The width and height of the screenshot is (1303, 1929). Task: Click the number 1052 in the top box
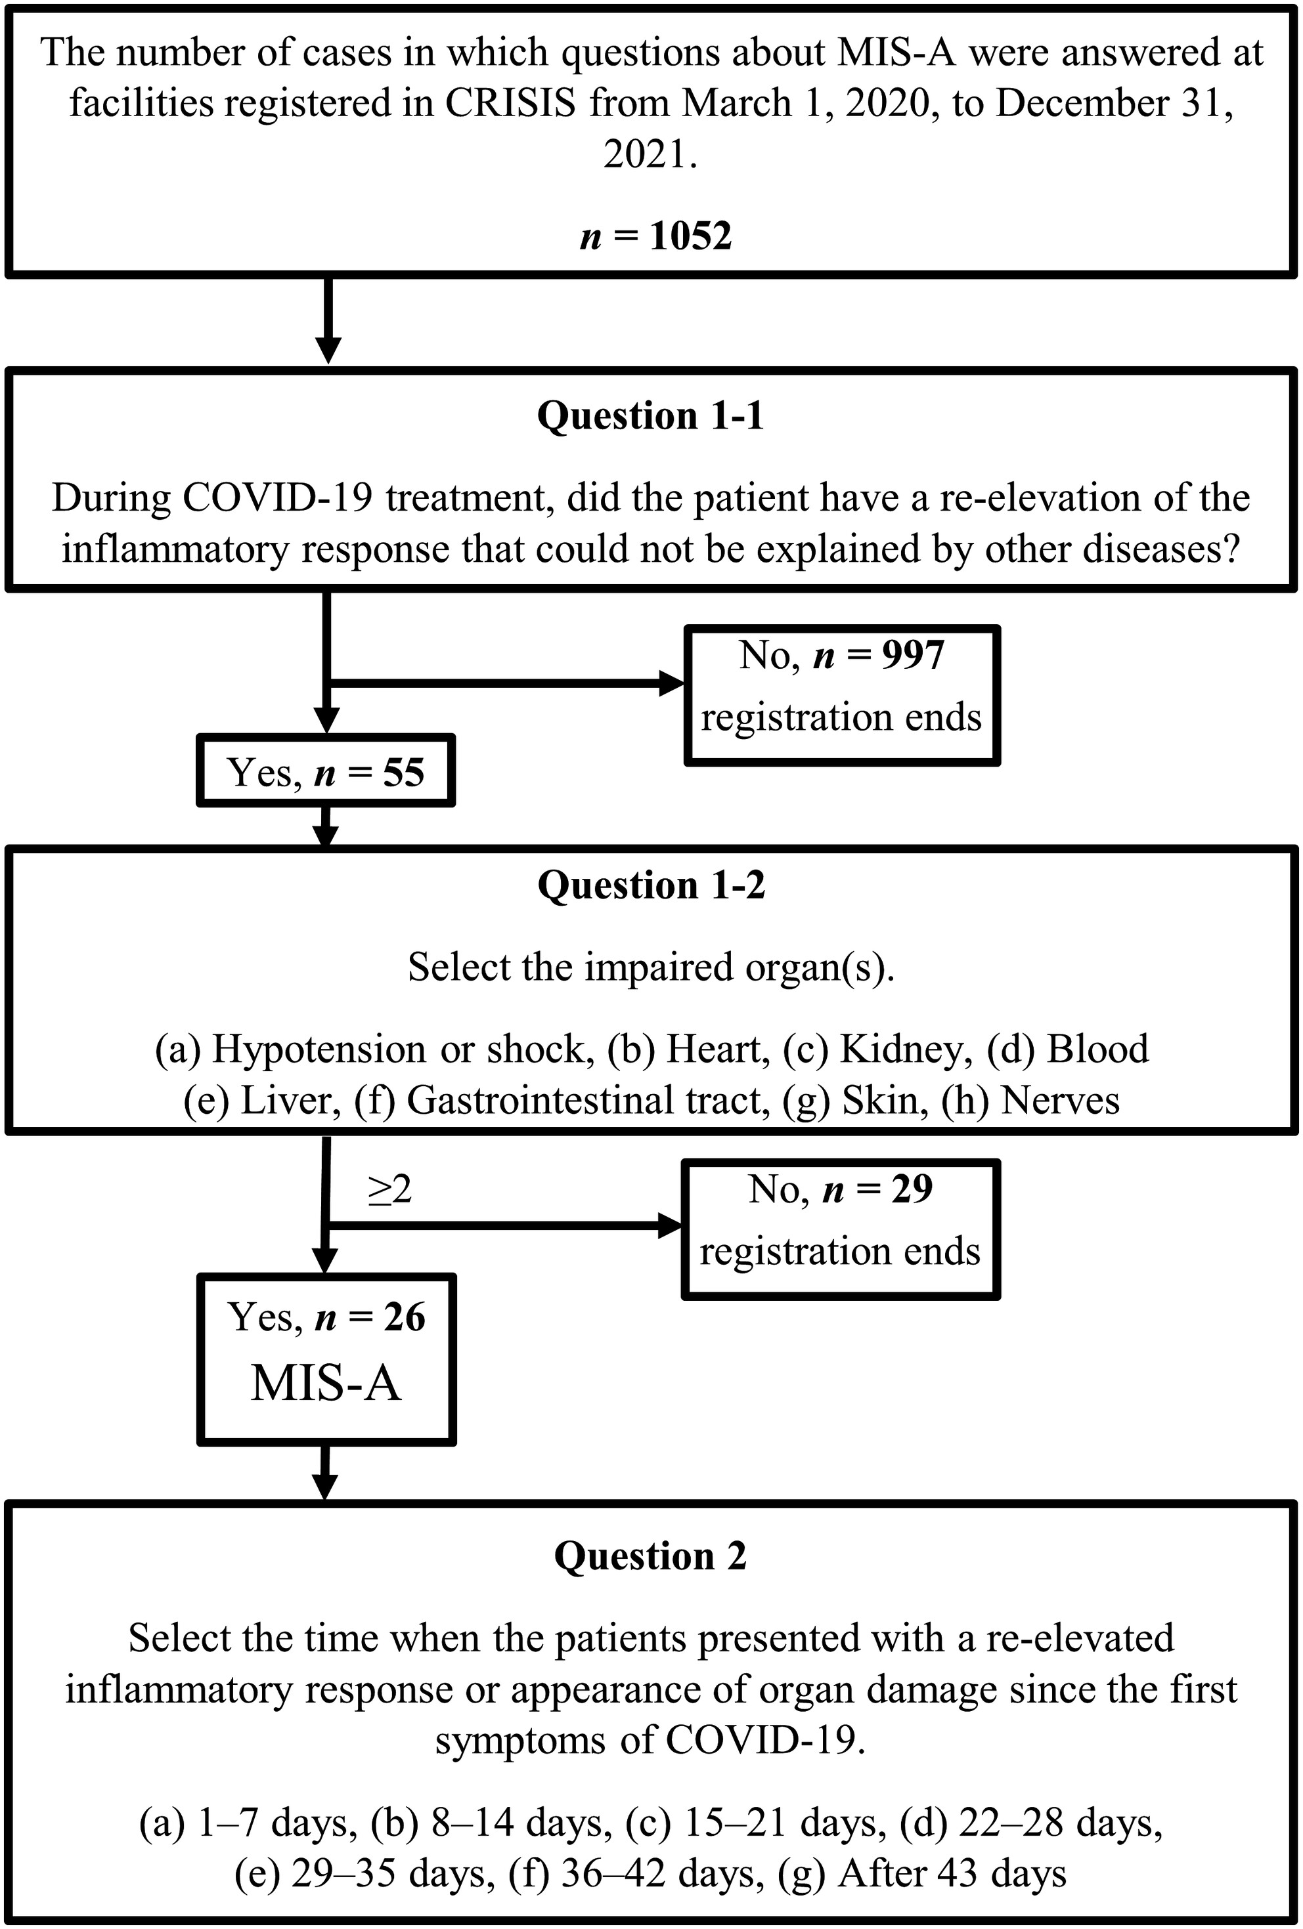point(690,236)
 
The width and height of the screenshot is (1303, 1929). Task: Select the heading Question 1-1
point(650,415)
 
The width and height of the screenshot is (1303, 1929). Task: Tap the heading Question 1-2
point(651,885)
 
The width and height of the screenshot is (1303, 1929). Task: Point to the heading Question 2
point(650,1556)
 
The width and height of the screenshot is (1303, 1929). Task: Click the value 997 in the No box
point(913,655)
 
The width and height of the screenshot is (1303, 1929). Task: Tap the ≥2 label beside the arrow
point(389,1190)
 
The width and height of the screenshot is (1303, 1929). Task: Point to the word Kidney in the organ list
point(905,1049)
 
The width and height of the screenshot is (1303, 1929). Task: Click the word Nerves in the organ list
point(1061,1101)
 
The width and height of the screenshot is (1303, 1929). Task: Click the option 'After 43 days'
point(952,1875)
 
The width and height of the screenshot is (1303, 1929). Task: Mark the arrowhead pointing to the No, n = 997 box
point(671,684)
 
